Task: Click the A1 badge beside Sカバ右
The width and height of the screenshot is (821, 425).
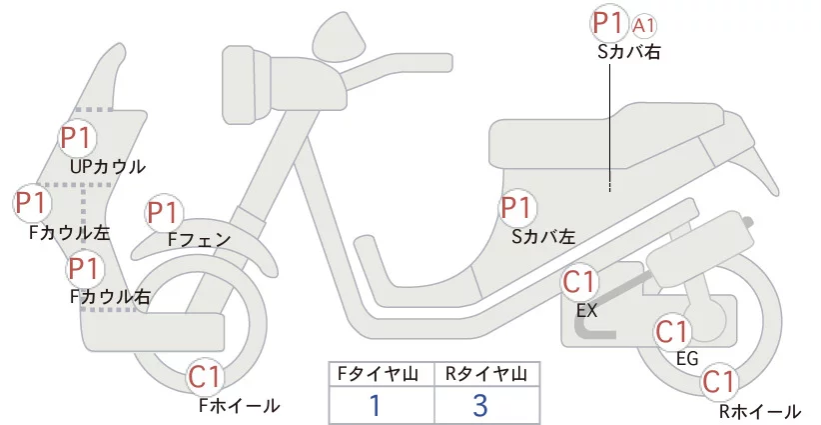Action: coord(644,26)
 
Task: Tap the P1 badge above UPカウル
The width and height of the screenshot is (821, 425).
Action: coord(77,138)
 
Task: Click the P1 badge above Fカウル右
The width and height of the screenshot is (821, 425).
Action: coord(84,268)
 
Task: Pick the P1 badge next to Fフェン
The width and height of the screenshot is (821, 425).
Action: coord(163,213)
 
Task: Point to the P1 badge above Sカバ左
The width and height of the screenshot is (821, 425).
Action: coord(517,208)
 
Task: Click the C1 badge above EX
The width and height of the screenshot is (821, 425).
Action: coord(579,282)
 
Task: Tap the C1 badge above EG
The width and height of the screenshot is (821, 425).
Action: coord(672,332)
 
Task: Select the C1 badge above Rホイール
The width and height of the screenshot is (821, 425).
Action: coord(719,382)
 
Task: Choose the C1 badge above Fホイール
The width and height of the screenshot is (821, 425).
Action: coord(206,377)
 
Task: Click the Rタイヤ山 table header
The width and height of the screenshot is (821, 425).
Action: coord(486,374)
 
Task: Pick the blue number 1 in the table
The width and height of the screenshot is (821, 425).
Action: coord(375,406)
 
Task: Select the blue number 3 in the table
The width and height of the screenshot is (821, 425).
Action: coord(479,406)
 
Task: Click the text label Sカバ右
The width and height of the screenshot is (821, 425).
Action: coord(629,51)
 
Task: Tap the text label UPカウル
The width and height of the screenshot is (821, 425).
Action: coord(108,167)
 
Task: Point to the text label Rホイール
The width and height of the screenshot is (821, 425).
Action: coord(760,412)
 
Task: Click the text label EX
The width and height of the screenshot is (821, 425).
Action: coord(586,311)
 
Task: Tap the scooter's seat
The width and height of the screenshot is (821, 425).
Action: coord(607,137)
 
